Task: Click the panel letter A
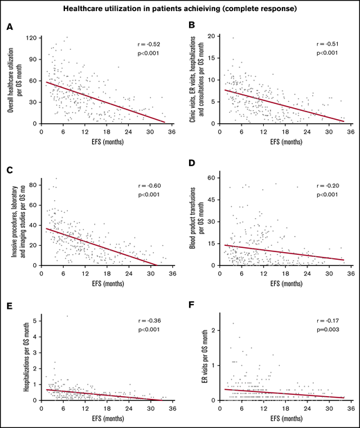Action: point(9,26)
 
